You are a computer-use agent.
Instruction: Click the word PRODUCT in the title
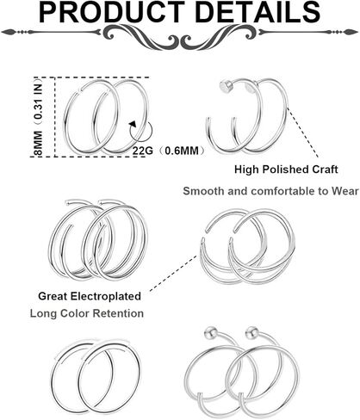(x=111, y=12)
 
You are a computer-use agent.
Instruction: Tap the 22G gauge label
(x=142, y=151)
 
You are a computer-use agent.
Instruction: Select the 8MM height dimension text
(x=38, y=143)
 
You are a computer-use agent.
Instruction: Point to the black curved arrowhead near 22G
(x=133, y=124)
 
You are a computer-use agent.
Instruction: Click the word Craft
(x=324, y=170)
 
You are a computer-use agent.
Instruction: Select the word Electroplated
(x=106, y=296)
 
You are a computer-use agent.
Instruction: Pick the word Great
(x=53, y=296)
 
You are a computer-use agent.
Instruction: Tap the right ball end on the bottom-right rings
(x=251, y=331)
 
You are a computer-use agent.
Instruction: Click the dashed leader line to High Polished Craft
(x=303, y=133)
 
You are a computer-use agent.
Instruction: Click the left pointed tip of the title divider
(x=2, y=32)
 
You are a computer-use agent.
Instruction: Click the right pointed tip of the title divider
(x=357, y=32)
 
